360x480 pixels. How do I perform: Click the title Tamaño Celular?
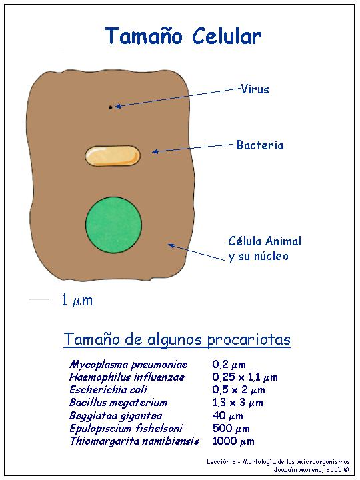tap(183, 36)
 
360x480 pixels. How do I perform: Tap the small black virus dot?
tap(110, 107)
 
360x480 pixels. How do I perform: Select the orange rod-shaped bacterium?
tap(113, 156)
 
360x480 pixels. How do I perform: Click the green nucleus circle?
tap(113, 225)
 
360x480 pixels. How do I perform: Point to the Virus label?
tap(255, 89)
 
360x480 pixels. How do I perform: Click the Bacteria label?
tap(260, 145)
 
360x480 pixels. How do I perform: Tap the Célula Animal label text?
tap(265, 241)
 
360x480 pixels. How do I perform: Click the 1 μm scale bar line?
tap(39, 299)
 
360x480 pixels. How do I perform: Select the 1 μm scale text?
tap(77, 300)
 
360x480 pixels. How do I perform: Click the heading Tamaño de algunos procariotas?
tap(177, 339)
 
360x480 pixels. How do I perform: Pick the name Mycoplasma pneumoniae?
tap(128, 365)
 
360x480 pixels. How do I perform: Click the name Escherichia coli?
tap(108, 389)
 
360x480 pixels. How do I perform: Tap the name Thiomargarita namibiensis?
tap(135, 441)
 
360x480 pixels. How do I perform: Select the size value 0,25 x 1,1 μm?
tap(245, 377)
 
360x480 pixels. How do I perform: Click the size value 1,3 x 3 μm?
tap(237, 403)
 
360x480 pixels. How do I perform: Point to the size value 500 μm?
tap(231, 428)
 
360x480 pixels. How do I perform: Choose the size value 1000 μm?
tap(233, 441)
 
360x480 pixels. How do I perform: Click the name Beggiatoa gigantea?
tap(116, 416)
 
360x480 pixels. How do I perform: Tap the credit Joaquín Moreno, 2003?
tap(311, 469)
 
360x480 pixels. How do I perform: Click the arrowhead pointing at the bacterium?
tap(155, 151)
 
